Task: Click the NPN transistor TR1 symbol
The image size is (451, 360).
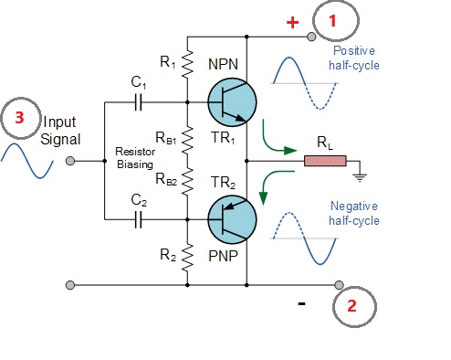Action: click(x=232, y=102)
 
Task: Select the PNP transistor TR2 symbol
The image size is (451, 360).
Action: click(x=232, y=219)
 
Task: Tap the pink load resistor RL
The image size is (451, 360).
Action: click(x=325, y=161)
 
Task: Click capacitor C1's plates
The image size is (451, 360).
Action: click(x=138, y=102)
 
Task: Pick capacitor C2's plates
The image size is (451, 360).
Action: click(x=138, y=219)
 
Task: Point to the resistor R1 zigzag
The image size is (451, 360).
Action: click(x=187, y=63)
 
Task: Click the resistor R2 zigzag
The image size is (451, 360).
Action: click(x=187, y=257)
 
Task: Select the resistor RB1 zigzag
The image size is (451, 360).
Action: click(x=187, y=139)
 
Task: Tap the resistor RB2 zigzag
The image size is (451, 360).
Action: click(x=187, y=181)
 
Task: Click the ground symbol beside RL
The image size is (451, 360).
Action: click(x=360, y=177)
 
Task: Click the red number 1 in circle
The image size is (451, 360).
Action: click(x=332, y=21)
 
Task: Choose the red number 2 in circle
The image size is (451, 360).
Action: click(x=351, y=305)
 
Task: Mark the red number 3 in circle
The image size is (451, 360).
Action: click(x=19, y=118)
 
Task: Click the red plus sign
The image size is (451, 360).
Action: click(x=293, y=23)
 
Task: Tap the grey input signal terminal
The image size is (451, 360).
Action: click(x=70, y=161)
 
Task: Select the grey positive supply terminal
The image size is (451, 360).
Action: click(x=311, y=37)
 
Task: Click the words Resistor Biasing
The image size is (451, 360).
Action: click(x=135, y=158)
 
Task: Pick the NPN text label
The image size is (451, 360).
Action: click(x=223, y=64)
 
